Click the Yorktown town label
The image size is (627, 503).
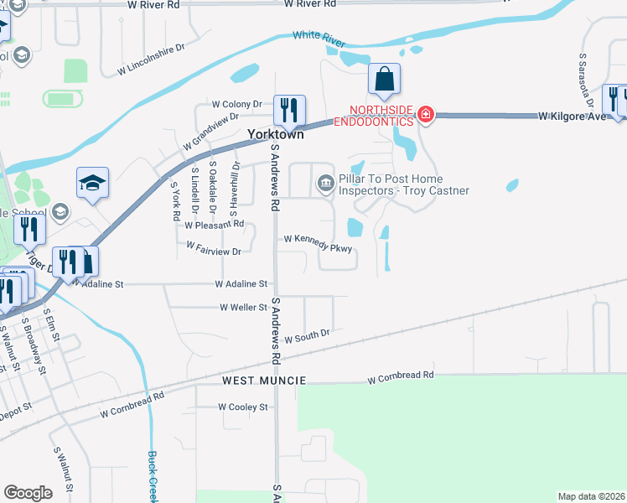(275, 134)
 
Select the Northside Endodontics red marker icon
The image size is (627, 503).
(426, 114)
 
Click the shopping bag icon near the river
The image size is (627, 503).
(384, 80)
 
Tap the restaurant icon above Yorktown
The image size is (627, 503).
(289, 110)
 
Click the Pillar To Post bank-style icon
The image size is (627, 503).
(324, 182)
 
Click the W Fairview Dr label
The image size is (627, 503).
(214, 249)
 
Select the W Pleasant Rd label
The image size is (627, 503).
(214, 225)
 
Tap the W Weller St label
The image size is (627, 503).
(243, 308)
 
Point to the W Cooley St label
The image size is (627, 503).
(242, 407)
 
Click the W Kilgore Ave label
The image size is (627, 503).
(572, 115)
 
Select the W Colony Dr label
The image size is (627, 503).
(237, 105)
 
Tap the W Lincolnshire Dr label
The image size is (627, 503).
(150, 61)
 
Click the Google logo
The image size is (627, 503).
(28, 493)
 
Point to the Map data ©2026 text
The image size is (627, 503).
(591, 496)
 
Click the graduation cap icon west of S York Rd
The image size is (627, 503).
(93, 184)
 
